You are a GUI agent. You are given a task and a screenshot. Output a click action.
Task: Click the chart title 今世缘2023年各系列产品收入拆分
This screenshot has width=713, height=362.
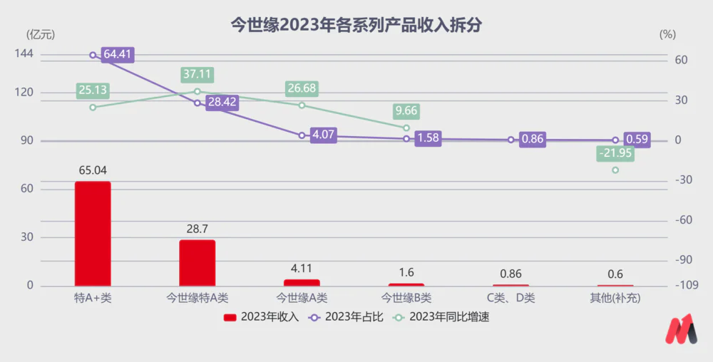click(356, 26)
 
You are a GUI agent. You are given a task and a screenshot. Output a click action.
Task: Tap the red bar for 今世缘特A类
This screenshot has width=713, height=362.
click(197, 263)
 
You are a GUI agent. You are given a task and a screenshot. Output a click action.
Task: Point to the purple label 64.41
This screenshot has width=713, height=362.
click(118, 54)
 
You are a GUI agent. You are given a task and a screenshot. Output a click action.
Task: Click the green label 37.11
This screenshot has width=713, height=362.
click(198, 74)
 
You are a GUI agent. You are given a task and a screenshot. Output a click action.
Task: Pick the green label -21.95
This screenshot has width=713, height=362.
click(615, 154)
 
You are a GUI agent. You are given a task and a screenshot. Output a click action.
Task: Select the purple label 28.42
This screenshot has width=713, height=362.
click(222, 103)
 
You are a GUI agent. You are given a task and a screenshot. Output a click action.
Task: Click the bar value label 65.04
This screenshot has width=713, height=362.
click(93, 170)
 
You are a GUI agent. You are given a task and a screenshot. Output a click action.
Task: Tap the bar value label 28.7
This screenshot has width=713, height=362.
click(197, 229)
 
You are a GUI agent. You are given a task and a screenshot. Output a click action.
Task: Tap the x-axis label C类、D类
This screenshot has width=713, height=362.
click(511, 299)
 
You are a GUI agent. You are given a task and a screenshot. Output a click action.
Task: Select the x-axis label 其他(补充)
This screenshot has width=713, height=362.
click(615, 299)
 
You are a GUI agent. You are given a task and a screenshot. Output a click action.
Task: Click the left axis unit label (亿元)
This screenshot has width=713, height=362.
click(40, 33)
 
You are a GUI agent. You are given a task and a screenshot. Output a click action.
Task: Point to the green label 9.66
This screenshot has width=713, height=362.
click(406, 111)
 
